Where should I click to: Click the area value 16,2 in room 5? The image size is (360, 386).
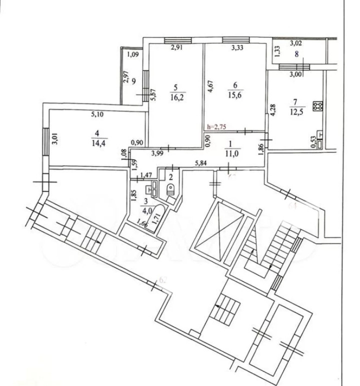(x=175, y=98)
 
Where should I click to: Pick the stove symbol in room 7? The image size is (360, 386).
(x=317, y=106)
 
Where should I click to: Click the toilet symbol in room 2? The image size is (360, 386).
(x=170, y=190)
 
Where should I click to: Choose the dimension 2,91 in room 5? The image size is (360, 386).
(x=176, y=48)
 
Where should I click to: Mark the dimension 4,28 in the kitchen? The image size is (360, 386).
(x=272, y=110)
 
